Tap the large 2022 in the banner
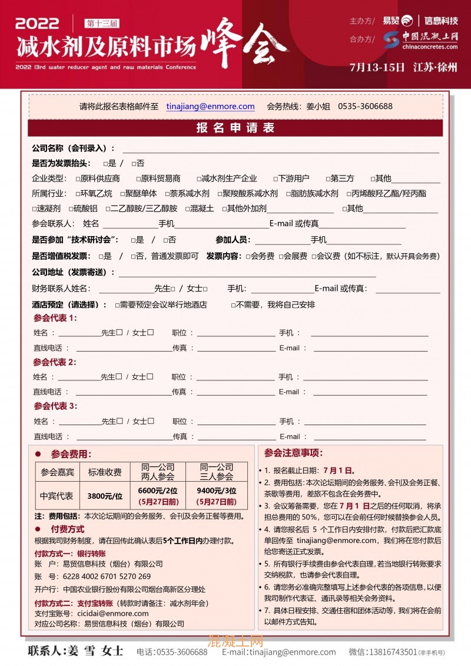[x=37, y=24]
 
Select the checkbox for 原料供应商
[x=78, y=178]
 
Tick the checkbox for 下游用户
[x=275, y=178]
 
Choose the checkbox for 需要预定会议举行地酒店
[x=117, y=305]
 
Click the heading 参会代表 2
[x=55, y=362]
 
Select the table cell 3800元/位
[x=105, y=496]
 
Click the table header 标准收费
[x=105, y=472]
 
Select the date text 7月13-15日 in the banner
[x=377, y=67]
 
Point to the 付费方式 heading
[x=67, y=529]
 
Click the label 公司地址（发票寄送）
[x=73, y=272]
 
